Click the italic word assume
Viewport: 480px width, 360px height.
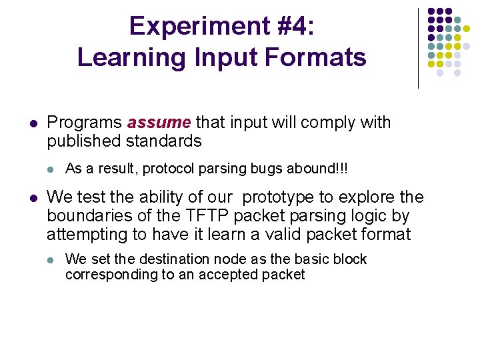(x=159, y=123)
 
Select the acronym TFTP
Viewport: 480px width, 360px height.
(x=207, y=216)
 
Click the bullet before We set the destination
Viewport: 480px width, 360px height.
(x=50, y=260)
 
